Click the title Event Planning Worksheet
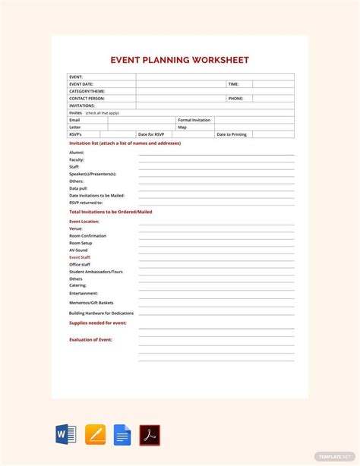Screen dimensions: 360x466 [179, 60]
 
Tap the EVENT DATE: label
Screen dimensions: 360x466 [81, 84]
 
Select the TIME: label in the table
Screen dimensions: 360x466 [233, 84]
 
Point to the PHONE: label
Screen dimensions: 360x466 [235, 99]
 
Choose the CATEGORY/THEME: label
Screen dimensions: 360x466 [87, 91]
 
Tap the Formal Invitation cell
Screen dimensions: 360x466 [194, 120]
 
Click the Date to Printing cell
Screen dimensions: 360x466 [232, 134]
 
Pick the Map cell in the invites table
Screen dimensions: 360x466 [182, 127]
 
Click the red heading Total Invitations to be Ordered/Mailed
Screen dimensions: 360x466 [110, 212]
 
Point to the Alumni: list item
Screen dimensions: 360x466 [77, 153]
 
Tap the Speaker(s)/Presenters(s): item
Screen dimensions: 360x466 [93, 174]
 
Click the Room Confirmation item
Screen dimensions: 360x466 [87, 235]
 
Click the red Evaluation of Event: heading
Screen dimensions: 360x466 [90, 339]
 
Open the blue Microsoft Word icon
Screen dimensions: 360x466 [66, 435]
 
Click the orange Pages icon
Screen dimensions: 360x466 [95, 435]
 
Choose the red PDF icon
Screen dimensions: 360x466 [150, 435]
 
